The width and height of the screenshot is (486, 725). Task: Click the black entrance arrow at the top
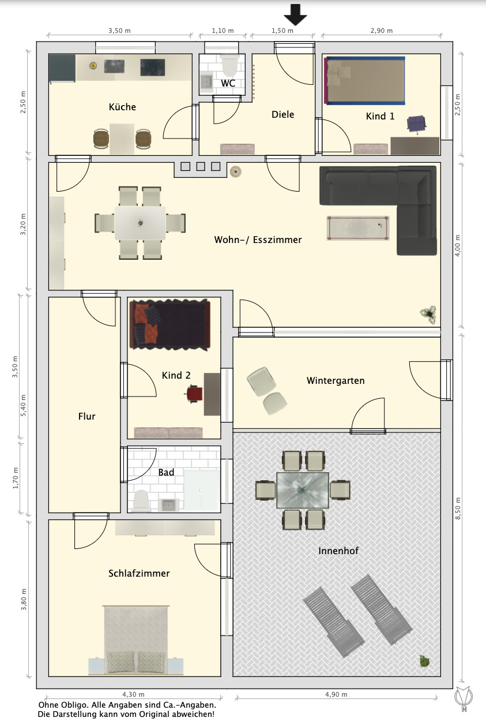pyautogui.click(x=295, y=14)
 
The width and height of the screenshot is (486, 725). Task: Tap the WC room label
pyautogui.click(x=228, y=83)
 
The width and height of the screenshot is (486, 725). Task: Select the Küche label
pyautogui.click(x=122, y=106)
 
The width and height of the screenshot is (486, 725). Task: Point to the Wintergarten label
pyautogui.click(x=336, y=380)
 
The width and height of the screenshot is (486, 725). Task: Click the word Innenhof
pyautogui.click(x=338, y=551)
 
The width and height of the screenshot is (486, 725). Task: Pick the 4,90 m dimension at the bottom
pyautogui.click(x=336, y=694)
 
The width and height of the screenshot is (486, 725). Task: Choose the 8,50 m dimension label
pyautogui.click(x=458, y=509)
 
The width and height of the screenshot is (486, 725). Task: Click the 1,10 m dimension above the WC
pyautogui.click(x=223, y=31)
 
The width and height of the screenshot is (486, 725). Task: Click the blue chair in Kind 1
pyautogui.click(x=416, y=125)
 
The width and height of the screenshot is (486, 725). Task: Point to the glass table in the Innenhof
pyautogui.click(x=303, y=490)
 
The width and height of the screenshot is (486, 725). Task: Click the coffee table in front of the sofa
pyautogui.click(x=358, y=228)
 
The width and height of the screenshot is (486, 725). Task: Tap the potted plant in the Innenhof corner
pyautogui.click(x=424, y=660)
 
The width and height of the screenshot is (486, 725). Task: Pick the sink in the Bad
pyautogui.click(x=168, y=505)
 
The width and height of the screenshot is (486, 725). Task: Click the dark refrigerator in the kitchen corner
pyautogui.click(x=62, y=68)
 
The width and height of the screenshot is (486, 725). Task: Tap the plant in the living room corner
pyautogui.click(x=429, y=314)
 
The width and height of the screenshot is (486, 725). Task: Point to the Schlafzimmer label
pyautogui.click(x=139, y=573)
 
